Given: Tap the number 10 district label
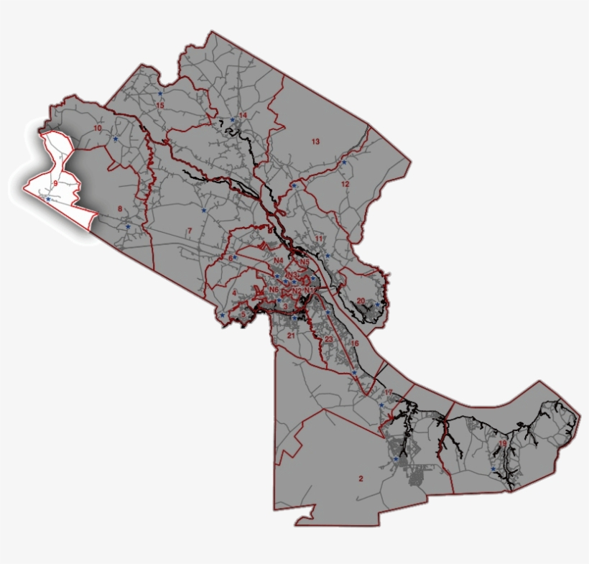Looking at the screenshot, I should point(98,129).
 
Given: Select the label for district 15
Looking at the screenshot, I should point(160,106).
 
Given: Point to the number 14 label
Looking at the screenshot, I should point(243,116).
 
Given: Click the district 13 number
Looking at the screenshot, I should point(315,142).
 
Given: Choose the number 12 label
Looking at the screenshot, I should point(345,185).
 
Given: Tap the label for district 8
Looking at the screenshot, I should point(119,209).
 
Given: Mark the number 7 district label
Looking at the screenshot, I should point(189,231).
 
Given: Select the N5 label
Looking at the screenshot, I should point(305,262).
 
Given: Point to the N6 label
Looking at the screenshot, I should point(273,290).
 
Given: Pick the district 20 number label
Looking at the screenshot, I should point(361,301).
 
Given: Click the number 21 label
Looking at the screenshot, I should point(291,336).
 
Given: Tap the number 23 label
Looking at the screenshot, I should point(328,339).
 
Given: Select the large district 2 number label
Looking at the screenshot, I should point(361,479).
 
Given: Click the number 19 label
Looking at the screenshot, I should point(502,444).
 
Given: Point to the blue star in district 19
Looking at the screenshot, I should point(493,470).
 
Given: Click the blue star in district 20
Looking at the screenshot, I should point(377,305).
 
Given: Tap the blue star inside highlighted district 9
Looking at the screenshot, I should point(48,199).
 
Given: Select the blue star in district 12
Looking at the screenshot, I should point(344,162).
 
